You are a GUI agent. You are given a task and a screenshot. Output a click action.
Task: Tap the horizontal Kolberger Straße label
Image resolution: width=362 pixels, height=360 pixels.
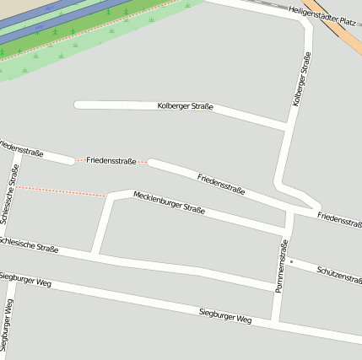pos(185,106)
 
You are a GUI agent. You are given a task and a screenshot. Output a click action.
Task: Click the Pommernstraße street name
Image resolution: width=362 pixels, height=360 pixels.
pos(282,266)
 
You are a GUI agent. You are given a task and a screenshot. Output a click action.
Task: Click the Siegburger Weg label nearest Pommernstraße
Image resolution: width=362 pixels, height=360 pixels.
pos(225,317)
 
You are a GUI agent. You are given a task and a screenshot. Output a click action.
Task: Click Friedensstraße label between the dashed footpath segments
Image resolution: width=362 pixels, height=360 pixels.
pos(111,160)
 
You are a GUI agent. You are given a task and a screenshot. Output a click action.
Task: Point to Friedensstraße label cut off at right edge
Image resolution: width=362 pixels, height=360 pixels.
pos(339,219)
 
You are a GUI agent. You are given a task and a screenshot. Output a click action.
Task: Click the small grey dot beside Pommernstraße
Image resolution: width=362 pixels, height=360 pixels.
pos(291,262)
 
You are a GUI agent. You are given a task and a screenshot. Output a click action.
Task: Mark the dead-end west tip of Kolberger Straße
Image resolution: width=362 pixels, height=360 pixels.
pos(78,105)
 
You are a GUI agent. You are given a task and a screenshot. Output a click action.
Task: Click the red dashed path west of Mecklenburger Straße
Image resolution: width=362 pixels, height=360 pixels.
pos(63,191)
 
